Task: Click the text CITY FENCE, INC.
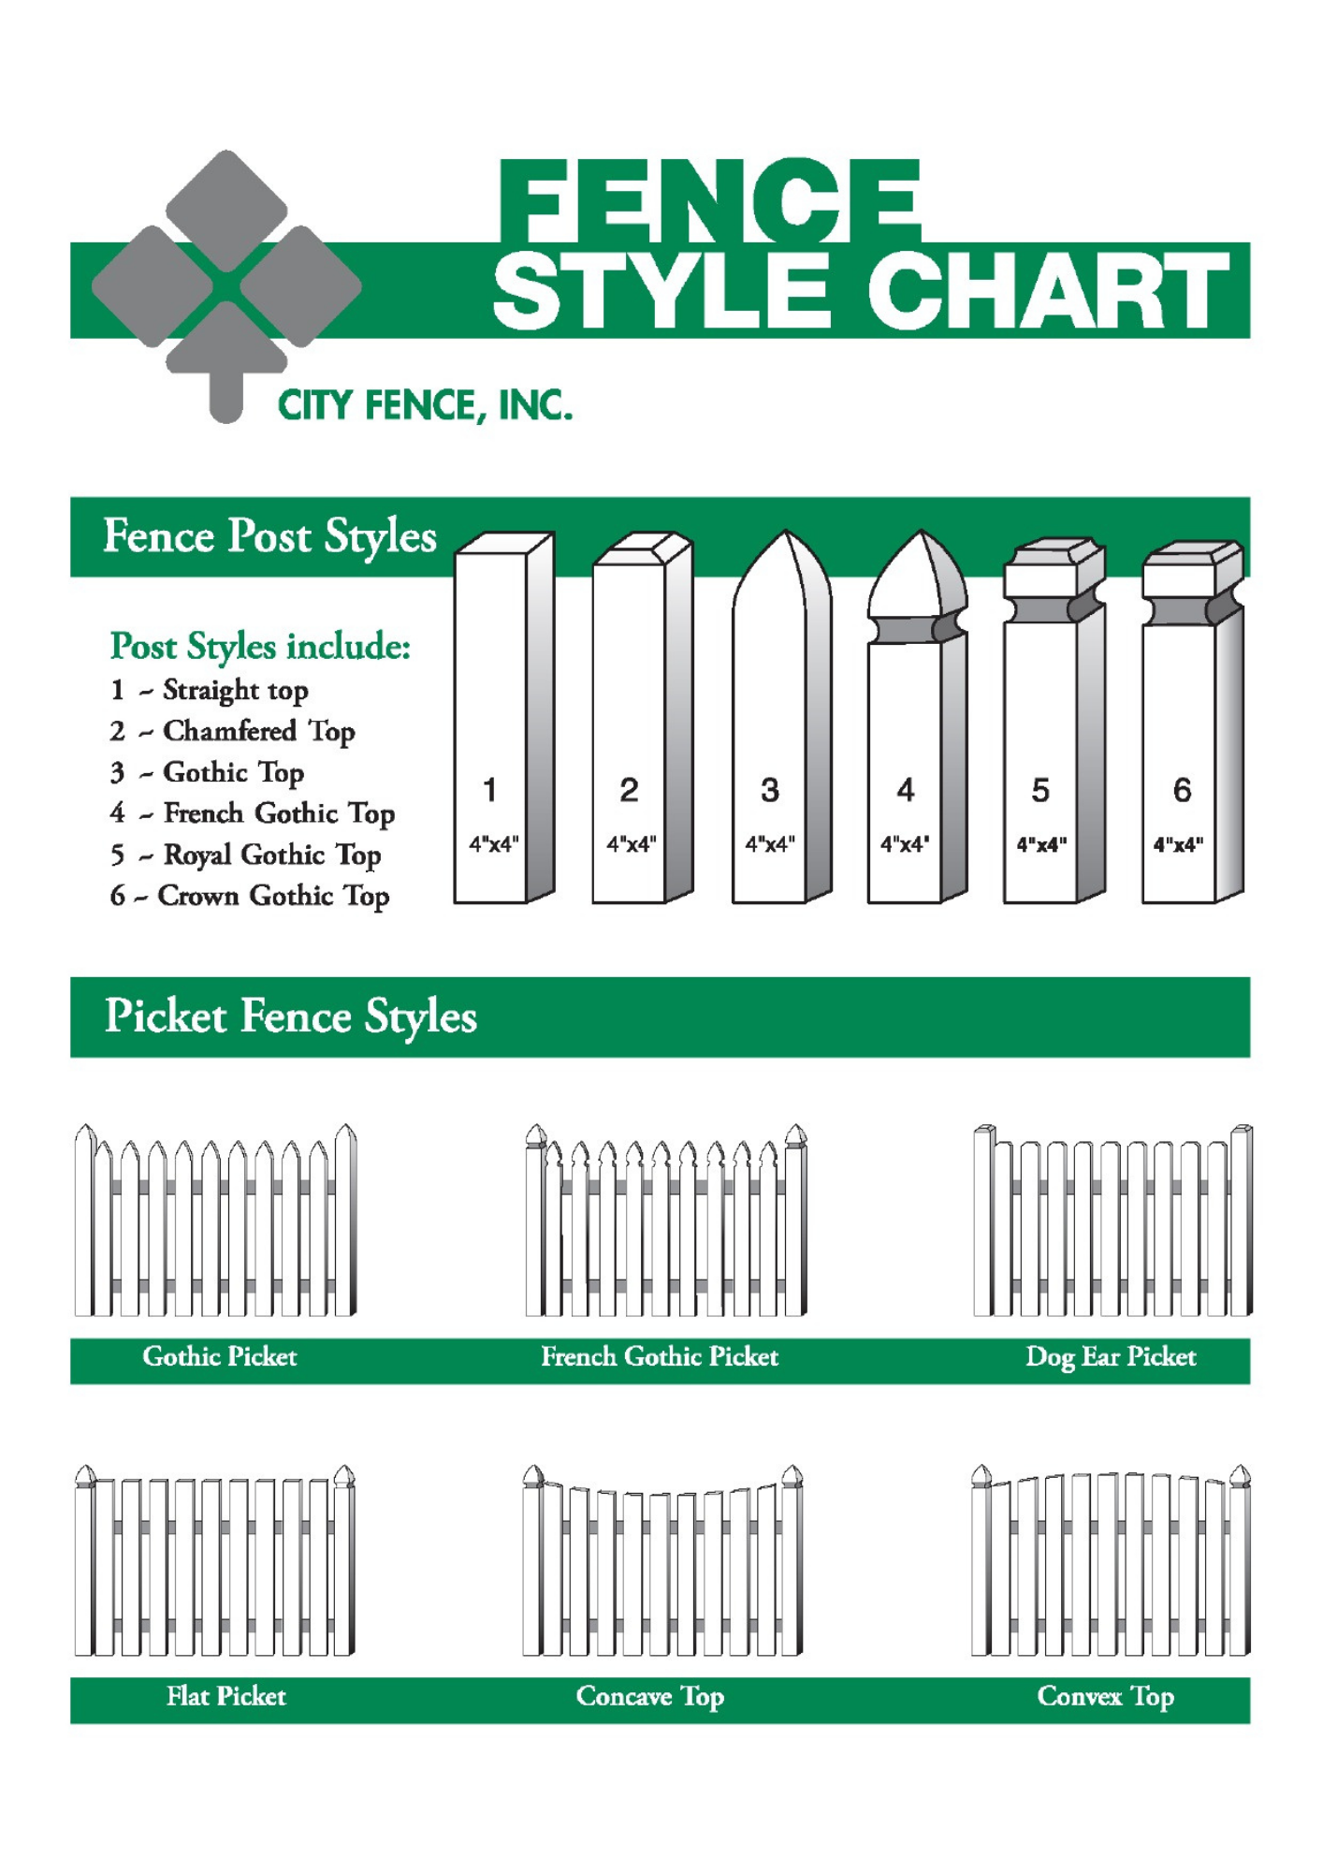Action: pos(425,406)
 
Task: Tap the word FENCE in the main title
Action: pos(709,200)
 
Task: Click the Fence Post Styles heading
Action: pos(269,537)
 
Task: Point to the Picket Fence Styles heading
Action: pos(290,1017)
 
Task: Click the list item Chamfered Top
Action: pos(259,731)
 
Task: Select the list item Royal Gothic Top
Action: pos(272,855)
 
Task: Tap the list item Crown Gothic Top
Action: pos(273,896)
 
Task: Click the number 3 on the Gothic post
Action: pos(769,790)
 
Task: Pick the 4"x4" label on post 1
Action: pos(493,844)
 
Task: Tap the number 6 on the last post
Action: pos(1182,790)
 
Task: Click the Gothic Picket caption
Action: pos(219,1356)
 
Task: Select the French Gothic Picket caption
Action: pos(660,1356)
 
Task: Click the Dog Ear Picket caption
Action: pos(1111,1357)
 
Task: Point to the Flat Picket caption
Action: pos(225,1696)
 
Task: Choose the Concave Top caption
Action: pos(650,1697)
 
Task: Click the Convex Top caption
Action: pos(1105,1697)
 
